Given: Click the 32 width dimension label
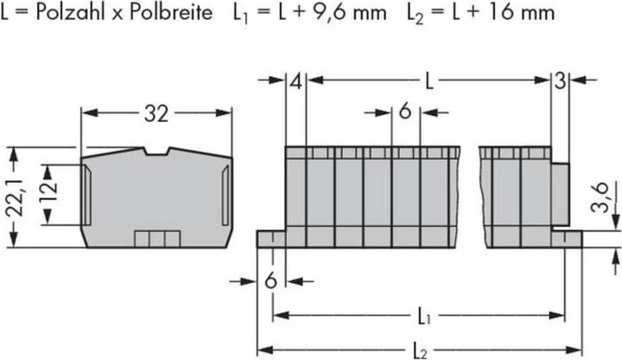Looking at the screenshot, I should pyautogui.click(x=156, y=113).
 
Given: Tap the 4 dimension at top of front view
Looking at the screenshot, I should pyautogui.click(x=295, y=83).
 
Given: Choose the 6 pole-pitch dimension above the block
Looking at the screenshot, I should pyautogui.click(x=404, y=111).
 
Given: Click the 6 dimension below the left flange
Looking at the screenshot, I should pyautogui.click(x=270, y=280).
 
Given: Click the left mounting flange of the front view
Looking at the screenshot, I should pyautogui.click(x=270, y=238).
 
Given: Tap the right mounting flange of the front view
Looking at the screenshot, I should pyautogui.click(x=568, y=237).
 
